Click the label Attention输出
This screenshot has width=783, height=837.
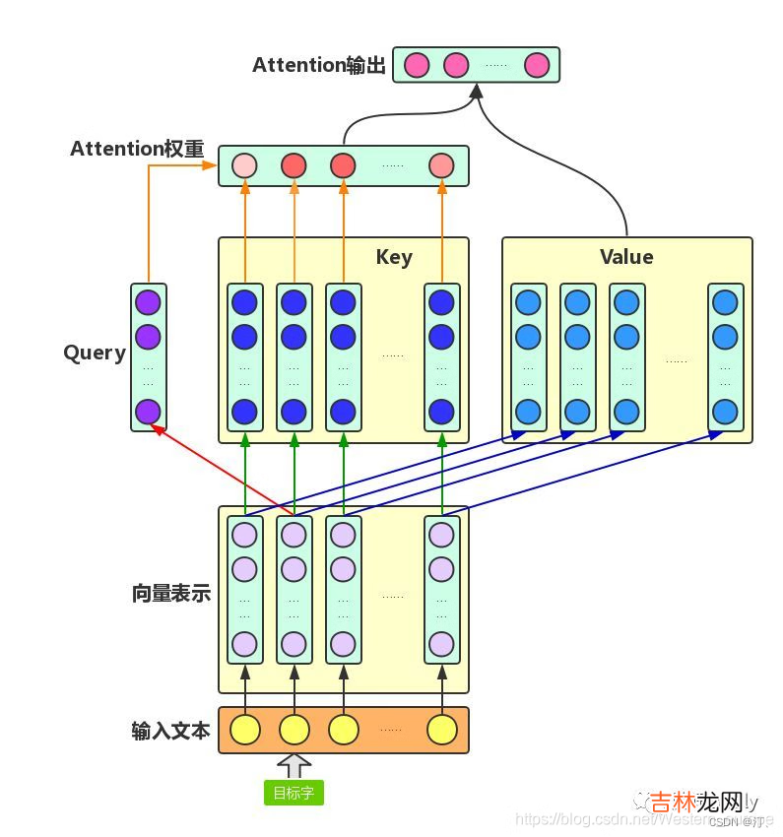click(319, 66)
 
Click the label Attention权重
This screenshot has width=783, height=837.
click(137, 149)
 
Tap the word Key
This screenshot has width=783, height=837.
click(394, 257)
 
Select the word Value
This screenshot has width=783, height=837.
click(626, 257)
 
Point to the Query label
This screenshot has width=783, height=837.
click(95, 353)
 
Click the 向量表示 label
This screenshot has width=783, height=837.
click(171, 594)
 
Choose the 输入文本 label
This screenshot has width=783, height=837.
click(171, 731)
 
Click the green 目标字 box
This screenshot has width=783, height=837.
click(294, 793)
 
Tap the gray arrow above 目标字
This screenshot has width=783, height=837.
click(294, 765)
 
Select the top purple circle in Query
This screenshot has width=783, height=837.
click(148, 302)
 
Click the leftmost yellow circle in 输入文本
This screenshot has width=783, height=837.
click(244, 730)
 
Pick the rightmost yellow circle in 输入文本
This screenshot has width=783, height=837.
click(442, 730)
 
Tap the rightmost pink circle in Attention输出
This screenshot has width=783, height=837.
click(536, 66)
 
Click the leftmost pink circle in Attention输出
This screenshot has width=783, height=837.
click(417, 66)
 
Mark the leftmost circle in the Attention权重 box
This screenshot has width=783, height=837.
click(244, 165)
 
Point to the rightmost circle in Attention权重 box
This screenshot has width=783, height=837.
click(442, 165)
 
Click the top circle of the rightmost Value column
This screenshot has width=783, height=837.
click(725, 302)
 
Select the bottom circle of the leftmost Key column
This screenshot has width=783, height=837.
click(244, 412)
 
